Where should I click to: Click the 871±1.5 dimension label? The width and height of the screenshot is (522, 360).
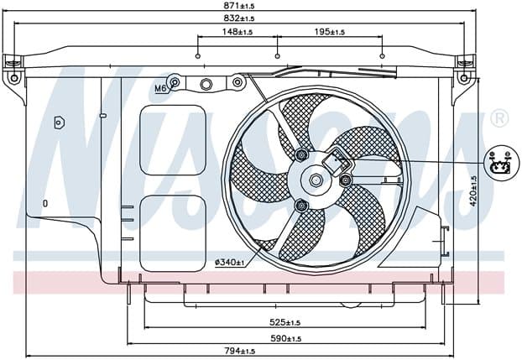[238, 5]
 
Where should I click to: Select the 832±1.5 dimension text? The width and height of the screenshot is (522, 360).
[238, 18]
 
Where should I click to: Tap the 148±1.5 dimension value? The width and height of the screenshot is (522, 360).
[237, 32]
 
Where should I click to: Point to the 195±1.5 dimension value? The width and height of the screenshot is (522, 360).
[330, 32]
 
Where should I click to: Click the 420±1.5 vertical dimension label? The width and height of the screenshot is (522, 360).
[473, 191]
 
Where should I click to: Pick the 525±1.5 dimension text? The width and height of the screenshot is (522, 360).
[284, 322]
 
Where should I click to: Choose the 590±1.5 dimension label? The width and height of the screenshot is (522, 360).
[285, 338]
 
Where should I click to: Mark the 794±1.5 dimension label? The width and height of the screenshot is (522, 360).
[239, 351]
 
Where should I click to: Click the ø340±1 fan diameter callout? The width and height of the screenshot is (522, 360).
[230, 263]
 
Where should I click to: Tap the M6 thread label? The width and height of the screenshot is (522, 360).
[160, 88]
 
